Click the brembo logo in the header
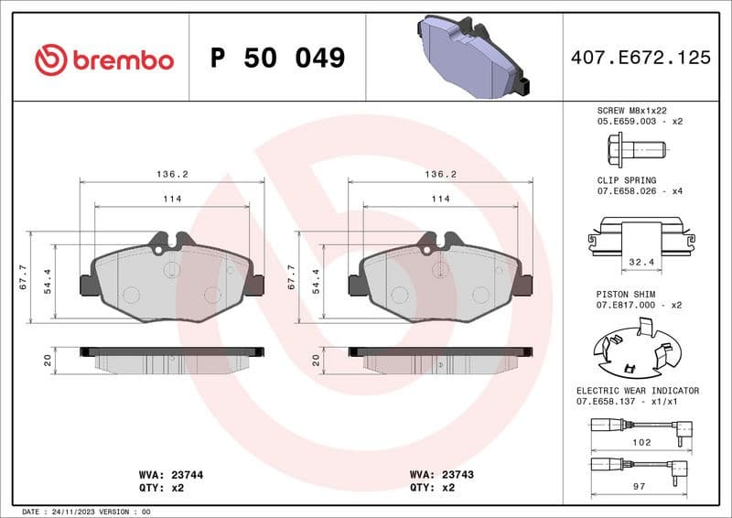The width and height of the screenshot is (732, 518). point(103,59)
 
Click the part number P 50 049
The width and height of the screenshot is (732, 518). point(277,59)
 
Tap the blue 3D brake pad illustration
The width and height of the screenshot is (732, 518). point(468,55)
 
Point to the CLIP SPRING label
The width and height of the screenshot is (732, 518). point(627,180)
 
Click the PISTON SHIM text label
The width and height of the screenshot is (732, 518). point(625,294)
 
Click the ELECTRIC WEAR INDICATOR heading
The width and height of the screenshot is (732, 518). point(637,391)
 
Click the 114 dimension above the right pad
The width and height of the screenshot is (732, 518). point(440,199)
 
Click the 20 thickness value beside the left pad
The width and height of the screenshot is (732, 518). point(48,361)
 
